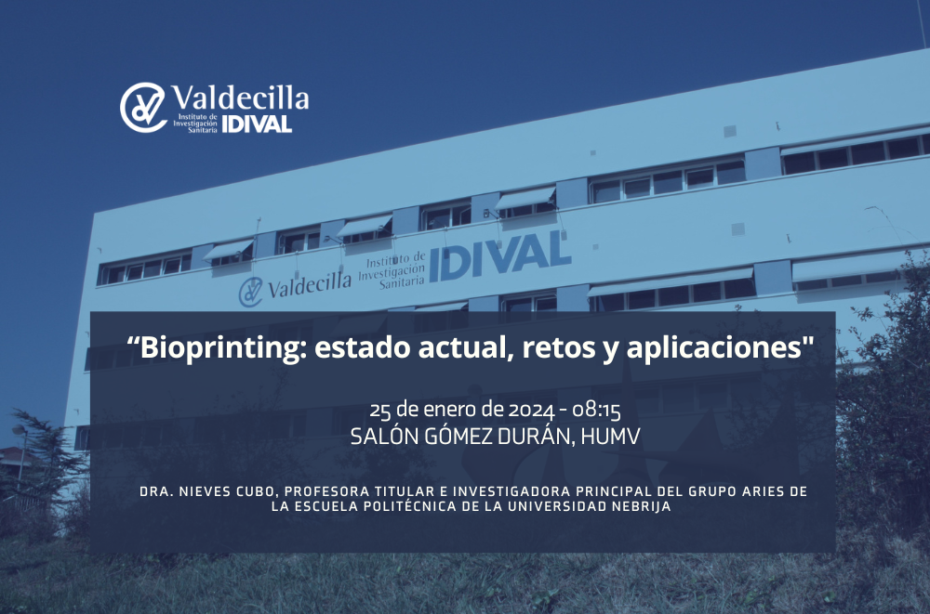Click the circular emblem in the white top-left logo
point(143,107)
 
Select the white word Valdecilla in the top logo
point(240,98)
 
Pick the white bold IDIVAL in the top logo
point(258,124)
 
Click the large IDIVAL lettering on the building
point(499,255)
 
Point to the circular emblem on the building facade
point(251,292)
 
